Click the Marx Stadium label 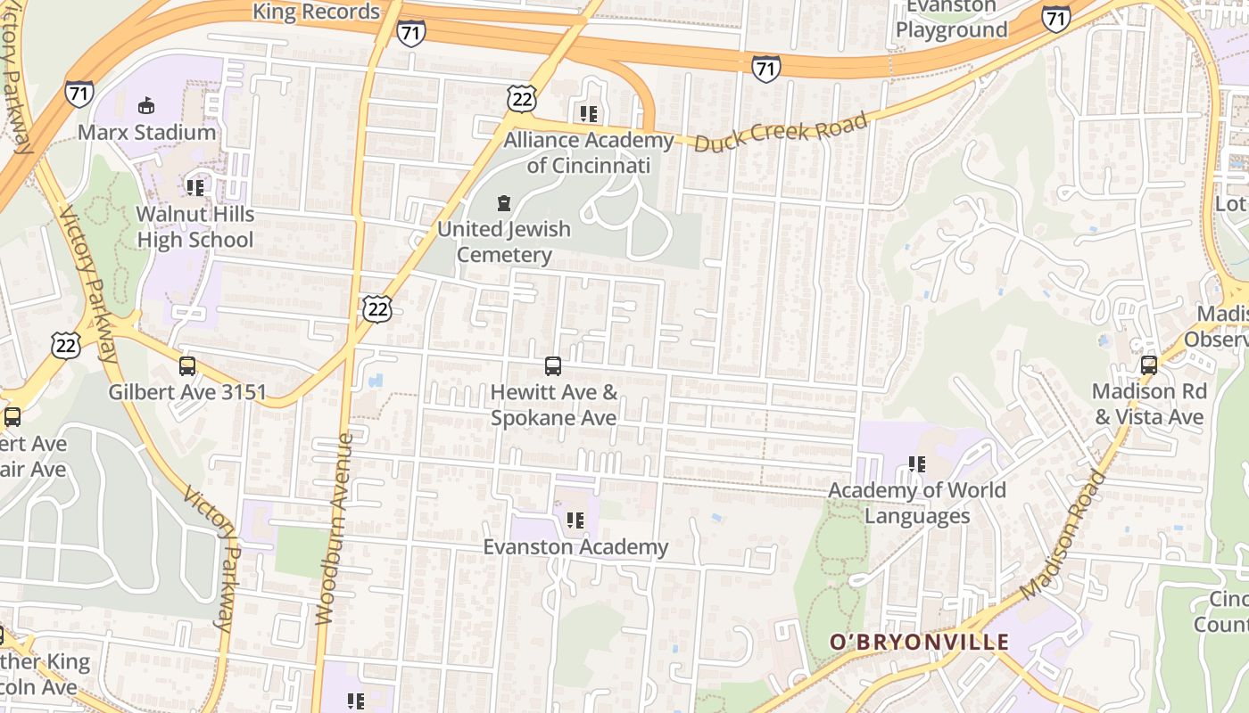click(146, 132)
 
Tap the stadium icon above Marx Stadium click(145, 106)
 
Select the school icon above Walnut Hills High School click(195, 187)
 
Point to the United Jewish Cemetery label click(504, 242)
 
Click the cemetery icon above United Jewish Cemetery click(504, 203)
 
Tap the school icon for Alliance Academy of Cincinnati click(588, 114)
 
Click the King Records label click(317, 12)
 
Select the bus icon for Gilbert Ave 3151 click(187, 365)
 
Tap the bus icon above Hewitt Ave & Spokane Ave click(553, 365)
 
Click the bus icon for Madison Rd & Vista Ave click(1149, 365)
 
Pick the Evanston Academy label click(575, 546)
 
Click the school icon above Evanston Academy click(575, 520)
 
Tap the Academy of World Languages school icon click(916, 463)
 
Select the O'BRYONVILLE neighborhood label click(919, 642)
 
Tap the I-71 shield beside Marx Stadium click(79, 93)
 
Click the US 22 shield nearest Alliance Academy click(521, 99)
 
